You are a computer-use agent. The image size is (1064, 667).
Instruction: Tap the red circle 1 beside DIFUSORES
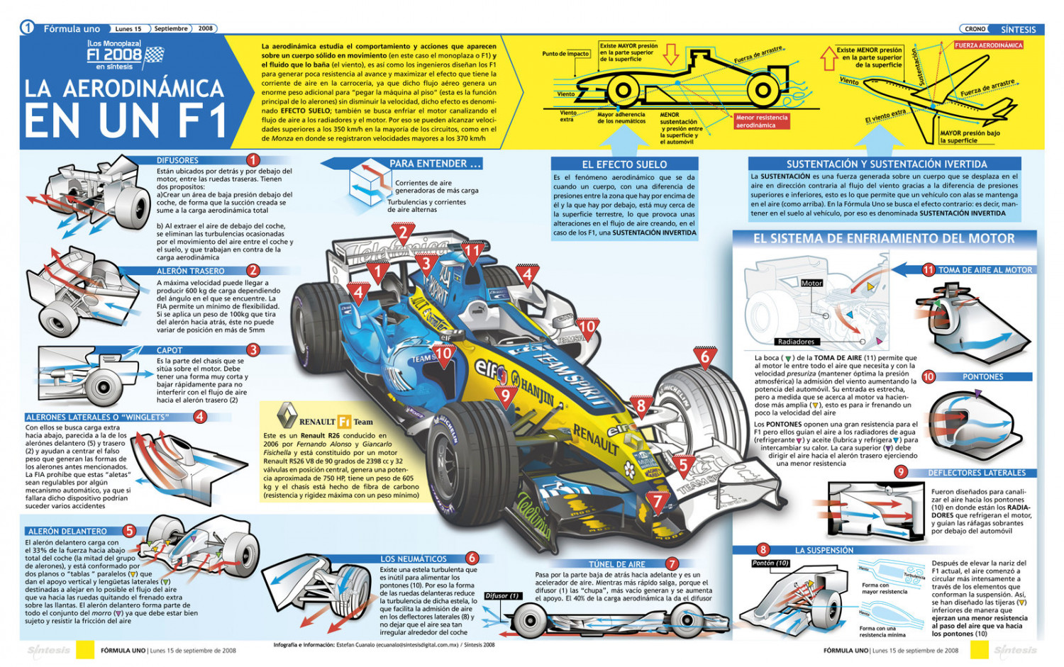tap(253, 160)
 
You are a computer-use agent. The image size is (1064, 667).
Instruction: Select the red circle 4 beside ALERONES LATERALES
tap(200, 417)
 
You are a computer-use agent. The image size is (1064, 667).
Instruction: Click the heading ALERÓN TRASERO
tap(190, 271)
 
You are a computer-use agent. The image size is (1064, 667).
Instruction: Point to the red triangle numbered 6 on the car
tap(705, 357)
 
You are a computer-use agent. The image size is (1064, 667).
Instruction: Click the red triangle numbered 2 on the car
tap(403, 232)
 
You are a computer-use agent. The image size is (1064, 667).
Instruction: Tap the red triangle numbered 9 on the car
tap(506, 395)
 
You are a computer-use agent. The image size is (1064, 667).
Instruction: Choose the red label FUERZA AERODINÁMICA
tap(988, 45)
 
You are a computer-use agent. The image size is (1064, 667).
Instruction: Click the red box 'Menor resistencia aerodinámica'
tap(761, 121)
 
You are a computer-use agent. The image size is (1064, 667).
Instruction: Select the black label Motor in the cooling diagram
tap(811, 283)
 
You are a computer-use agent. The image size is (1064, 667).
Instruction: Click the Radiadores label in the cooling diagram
tap(796, 342)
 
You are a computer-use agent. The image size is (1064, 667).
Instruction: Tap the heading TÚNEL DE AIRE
tap(617, 564)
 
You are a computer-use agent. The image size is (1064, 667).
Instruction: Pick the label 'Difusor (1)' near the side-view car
tap(502, 595)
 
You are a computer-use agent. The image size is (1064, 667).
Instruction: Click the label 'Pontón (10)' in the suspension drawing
tap(771, 563)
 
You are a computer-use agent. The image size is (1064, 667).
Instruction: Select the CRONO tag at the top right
tap(975, 29)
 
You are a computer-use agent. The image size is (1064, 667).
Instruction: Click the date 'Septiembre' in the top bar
tap(171, 29)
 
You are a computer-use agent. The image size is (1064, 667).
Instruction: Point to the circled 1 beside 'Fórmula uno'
tap(27, 28)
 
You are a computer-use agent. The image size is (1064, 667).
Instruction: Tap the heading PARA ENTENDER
tap(435, 164)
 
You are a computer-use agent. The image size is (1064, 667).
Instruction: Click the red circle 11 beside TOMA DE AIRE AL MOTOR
tap(929, 269)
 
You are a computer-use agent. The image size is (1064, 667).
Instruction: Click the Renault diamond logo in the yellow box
tap(287, 417)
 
